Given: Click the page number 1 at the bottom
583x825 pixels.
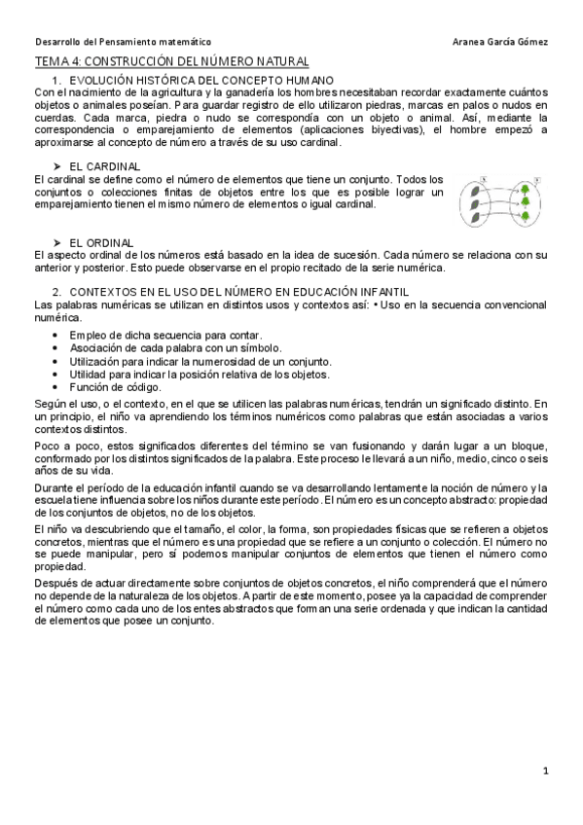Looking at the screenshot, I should (x=547, y=771).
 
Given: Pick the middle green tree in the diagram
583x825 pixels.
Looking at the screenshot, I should (x=525, y=202).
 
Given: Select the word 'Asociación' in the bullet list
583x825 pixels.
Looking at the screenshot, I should (x=96, y=347).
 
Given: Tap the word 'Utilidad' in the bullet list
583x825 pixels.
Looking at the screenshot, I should (x=90, y=373).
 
